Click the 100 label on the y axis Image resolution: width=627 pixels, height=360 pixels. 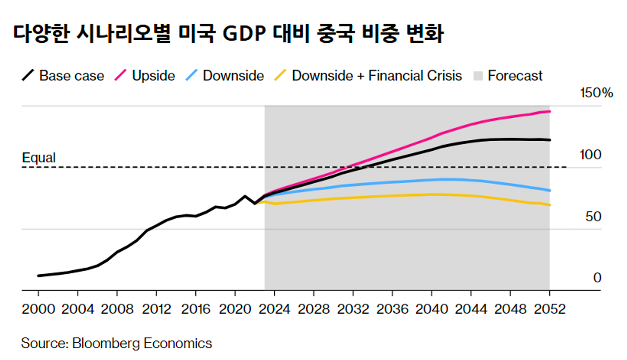coord(590,155)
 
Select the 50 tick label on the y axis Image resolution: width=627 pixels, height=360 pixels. coord(594,217)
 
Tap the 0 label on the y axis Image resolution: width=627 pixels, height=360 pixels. coord(597,278)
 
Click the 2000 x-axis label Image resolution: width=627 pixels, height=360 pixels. coord(38,309)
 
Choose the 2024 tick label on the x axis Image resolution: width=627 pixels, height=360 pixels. coord(274,309)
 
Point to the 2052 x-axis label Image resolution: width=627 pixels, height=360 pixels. coord(549,309)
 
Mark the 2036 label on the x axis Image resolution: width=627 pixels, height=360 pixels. coord(392,309)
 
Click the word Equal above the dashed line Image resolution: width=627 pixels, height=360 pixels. coord(39,158)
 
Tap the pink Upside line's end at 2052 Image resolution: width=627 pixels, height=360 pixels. coord(549,111)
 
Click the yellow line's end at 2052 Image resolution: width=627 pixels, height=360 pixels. coord(549,205)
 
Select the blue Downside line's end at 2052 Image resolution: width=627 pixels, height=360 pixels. coord(549,190)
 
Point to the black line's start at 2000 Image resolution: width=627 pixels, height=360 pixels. coord(39,276)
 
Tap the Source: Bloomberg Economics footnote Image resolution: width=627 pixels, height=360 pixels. coord(116,343)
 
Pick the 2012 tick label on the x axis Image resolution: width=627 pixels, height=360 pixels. coord(156,309)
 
